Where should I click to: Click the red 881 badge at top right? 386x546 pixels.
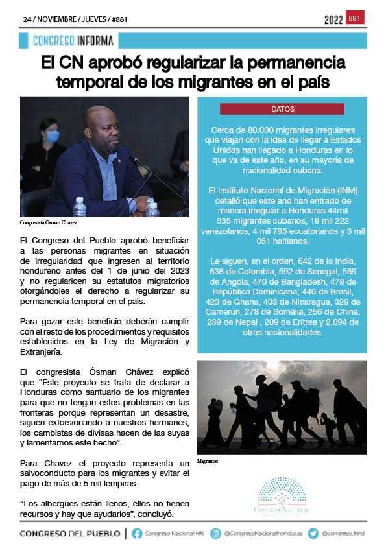[355, 18]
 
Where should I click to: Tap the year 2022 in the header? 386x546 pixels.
[333, 20]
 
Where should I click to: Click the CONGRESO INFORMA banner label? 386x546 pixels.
[73, 41]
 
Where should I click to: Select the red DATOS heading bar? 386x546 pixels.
[282, 109]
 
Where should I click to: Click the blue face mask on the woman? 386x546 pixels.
[53, 136]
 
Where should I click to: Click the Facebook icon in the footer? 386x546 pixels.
[137, 534]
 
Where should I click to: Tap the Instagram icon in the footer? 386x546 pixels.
[216, 534]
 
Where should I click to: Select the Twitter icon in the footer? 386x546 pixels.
[313, 534]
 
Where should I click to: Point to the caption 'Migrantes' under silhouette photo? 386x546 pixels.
[208, 462]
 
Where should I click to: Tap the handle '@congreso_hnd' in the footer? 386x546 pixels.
[343, 534]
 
